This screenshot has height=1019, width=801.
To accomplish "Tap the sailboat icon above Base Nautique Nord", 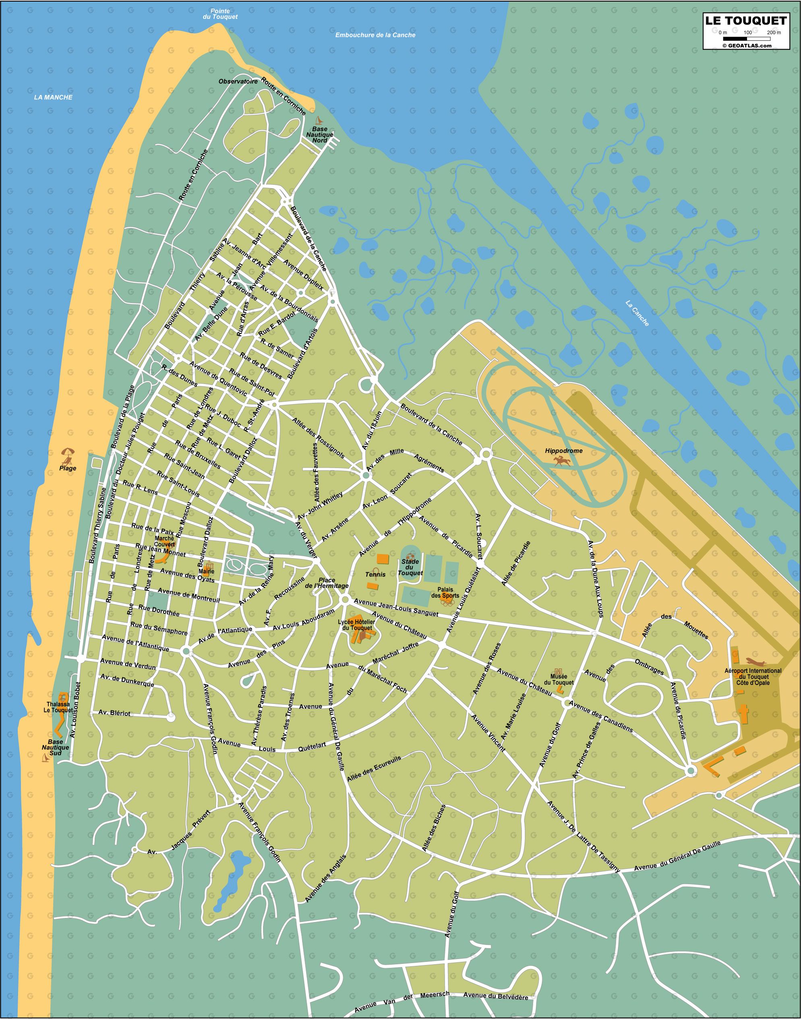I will (x=319, y=120).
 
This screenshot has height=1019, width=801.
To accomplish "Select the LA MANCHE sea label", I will (x=53, y=97).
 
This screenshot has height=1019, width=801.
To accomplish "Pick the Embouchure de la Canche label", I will (x=375, y=35).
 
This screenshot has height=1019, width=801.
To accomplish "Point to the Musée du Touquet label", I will (x=559, y=680).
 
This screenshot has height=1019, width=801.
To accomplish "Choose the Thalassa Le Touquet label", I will (x=60, y=707).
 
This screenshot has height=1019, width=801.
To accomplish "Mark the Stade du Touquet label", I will (x=410, y=567).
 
